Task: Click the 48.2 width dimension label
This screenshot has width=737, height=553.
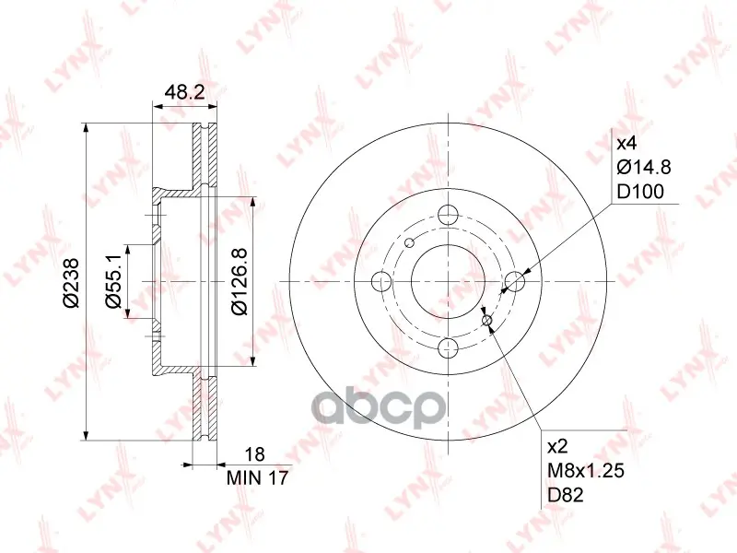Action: [x=185, y=92]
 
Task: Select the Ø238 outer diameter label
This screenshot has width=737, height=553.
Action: [x=72, y=282]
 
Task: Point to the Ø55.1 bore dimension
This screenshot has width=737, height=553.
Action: [x=113, y=282]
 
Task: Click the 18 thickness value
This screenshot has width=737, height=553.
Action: [x=255, y=454]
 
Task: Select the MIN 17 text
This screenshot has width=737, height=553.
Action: [x=257, y=478]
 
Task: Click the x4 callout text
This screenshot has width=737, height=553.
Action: [x=626, y=144]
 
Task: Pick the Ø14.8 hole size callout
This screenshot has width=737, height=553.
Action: [x=643, y=167]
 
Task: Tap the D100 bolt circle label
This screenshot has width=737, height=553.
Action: [x=640, y=192]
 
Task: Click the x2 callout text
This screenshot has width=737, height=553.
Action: [x=558, y=447]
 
